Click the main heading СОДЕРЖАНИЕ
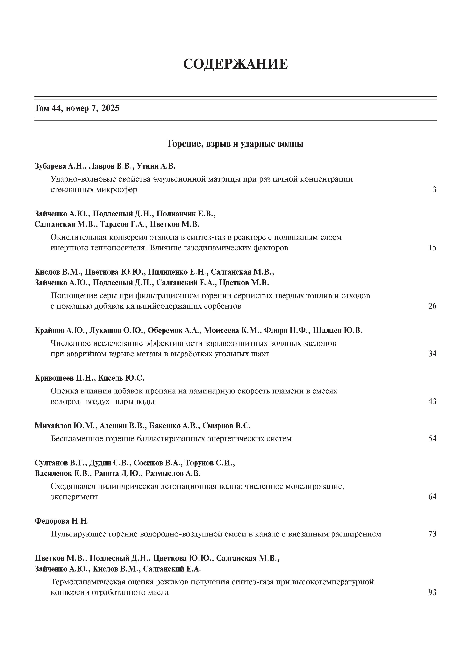[x=235, y=64]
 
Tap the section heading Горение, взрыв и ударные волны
[x=235, y=144]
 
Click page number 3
[x=434, y=190]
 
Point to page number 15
[x=432, y=248]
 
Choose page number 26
[x=432, y=306]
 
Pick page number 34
[x=432, y=354]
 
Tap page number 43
[x=432, y=401]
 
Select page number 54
[x=432, y=438]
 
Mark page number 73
[x=432, y=534]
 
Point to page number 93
[x=432, y=592]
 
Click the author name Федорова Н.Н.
[x=61, y=521]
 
